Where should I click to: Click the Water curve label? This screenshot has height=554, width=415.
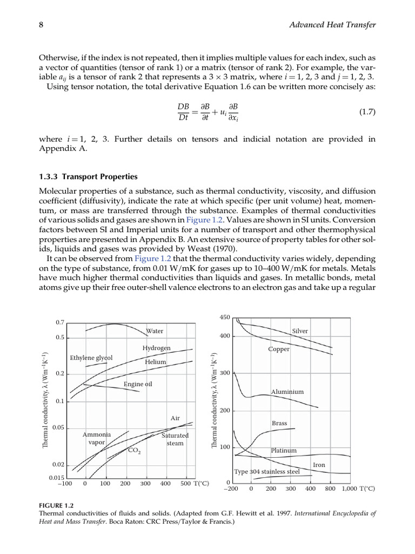[155, 331]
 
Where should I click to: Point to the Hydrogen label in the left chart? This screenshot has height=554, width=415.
[157, 348]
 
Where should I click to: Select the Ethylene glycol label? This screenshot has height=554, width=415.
[91, 358]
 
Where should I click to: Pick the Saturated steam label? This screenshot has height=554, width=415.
[175, 439]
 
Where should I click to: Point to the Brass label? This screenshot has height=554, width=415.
[279, 423]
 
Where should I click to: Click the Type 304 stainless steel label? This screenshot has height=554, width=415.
[266, 471]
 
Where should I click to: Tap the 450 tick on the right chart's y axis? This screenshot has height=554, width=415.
[225, 317]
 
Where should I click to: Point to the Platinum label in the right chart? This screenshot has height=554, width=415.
[283, 450]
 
